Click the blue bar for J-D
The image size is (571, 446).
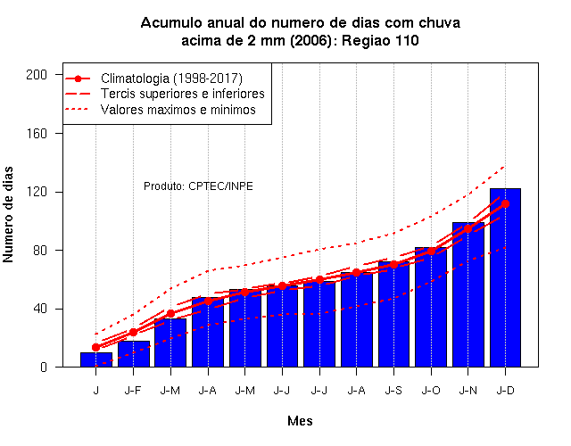(505, 277)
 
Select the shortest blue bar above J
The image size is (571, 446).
(96, 359)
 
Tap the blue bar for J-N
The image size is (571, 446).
(468, 294)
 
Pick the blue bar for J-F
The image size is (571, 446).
(134, 354)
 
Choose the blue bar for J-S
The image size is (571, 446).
(393, 314)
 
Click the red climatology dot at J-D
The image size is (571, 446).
(505, 204)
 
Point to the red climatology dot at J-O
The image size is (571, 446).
(431, 252)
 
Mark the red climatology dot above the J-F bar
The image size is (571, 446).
(133, 332)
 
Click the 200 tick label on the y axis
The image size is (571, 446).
(37, 75)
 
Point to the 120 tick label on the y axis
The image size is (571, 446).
(37, 192)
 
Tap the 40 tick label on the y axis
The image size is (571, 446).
(40, 310)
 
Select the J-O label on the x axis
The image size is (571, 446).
(431, 391)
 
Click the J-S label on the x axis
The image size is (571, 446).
(393, 391)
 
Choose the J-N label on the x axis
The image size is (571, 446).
(468, 391)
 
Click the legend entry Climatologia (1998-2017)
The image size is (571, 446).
(171, 78)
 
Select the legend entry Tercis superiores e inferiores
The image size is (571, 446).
(182, 94)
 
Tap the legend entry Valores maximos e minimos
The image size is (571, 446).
(178, 110)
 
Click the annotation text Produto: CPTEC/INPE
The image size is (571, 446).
(198, 186)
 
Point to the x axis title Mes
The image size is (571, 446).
(300, 421)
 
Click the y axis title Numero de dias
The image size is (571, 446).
(8, 214)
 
